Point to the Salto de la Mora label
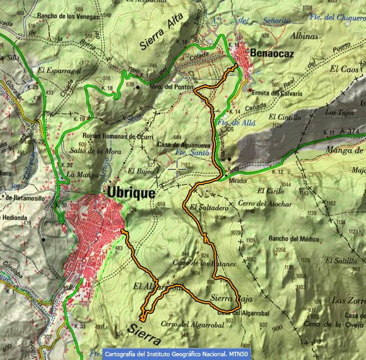pos(95,151)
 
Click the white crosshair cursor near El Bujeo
pos(177,168)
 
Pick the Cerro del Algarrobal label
pos(184,324)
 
